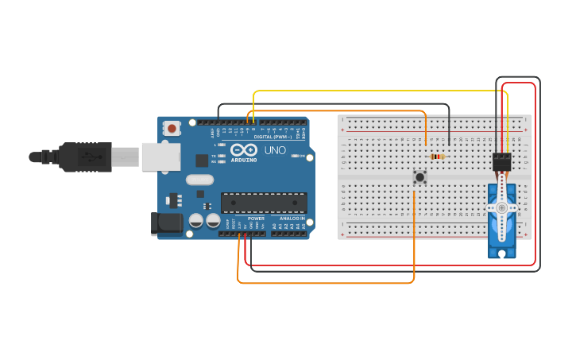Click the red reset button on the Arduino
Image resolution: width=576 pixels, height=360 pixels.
172,128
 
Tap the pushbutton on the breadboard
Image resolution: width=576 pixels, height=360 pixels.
419,176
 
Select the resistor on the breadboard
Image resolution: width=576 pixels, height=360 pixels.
437,157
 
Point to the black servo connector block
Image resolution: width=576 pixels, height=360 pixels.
501,161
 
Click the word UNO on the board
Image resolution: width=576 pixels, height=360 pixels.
275,149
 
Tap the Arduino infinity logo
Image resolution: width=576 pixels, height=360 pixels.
244,149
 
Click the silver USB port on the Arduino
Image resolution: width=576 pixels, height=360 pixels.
161,157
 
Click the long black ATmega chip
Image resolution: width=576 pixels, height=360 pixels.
264,203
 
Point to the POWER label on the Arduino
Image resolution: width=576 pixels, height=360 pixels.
256,219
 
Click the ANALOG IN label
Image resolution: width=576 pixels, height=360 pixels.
292,219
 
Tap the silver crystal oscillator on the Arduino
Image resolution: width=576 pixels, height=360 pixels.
200,180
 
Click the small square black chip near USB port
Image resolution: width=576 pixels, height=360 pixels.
202,160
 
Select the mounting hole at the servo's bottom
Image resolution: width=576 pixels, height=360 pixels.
501,253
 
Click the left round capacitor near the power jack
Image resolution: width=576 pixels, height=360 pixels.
195,220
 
